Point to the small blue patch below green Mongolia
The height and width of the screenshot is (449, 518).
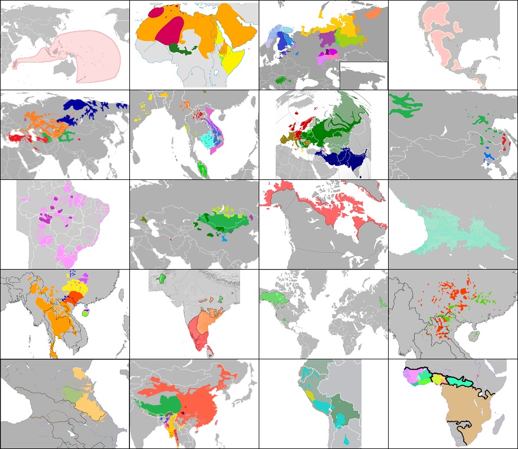tap(225, 239)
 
